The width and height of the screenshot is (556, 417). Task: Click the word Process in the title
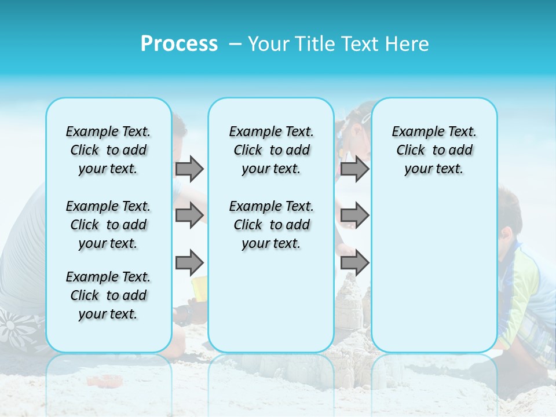point(179,44)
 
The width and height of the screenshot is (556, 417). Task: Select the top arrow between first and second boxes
point(189,169)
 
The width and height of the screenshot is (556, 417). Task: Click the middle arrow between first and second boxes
point(189,215)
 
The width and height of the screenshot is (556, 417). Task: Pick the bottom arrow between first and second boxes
point(189,262)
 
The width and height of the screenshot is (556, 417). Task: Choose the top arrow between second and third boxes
point(354,169)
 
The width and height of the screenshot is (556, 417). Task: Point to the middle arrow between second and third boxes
point(354,215)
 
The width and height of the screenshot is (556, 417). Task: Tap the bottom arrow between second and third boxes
point(354,262)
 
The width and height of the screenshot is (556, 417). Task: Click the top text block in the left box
point(108,150)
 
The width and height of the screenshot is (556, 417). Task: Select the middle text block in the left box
point(108,225)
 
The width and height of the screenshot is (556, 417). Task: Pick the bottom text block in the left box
point(108,295)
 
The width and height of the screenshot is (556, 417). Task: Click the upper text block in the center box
point(271,150)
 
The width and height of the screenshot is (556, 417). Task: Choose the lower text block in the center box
point(271,225)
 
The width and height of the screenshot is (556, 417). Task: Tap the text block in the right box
point(434,150)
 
